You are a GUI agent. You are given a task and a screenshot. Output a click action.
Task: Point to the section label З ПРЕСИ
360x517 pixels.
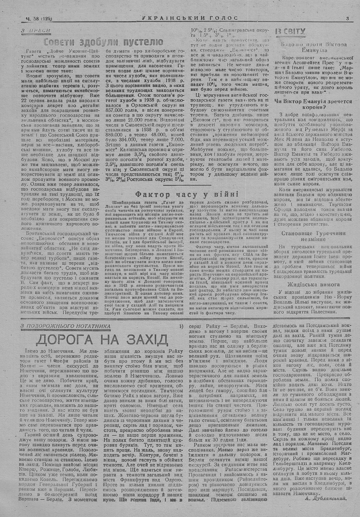[35, 31]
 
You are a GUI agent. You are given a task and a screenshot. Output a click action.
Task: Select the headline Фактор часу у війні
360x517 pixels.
[185, 194]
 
